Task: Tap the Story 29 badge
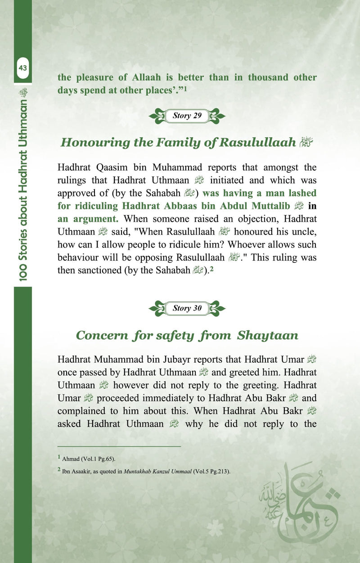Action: coord(187,116)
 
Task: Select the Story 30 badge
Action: coord(187,308)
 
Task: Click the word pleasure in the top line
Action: coord(94,77)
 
